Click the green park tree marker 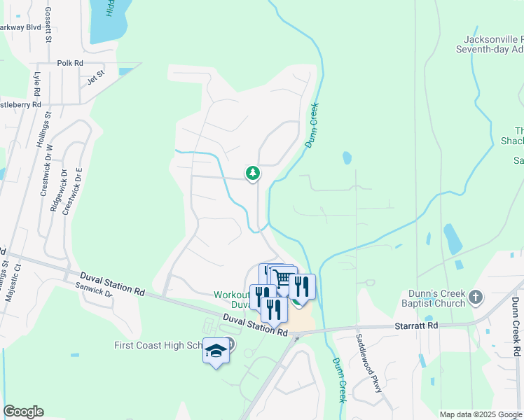click(x=252, y=173)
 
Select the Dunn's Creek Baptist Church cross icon click(x=476, y=297)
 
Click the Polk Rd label click(x=70, y=63)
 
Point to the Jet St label click(x=95, y=76)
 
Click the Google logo click(x=23, y=412)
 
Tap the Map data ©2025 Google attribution click(x=481, y=414)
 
